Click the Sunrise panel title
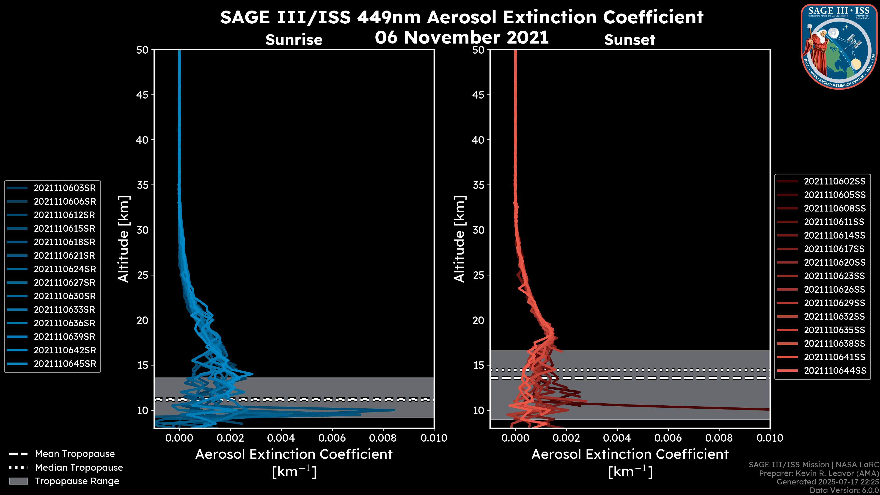coord(294,40)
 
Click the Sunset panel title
coord(630,40)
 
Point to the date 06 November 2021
coord(462,37)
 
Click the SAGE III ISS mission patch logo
coord(840,47)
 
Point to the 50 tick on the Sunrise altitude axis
coord(143,50)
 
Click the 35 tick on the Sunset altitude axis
coord(478,185)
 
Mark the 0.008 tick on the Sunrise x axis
coord(383,438)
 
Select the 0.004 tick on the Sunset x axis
coord(617,438)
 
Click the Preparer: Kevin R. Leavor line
coord(819,473)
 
